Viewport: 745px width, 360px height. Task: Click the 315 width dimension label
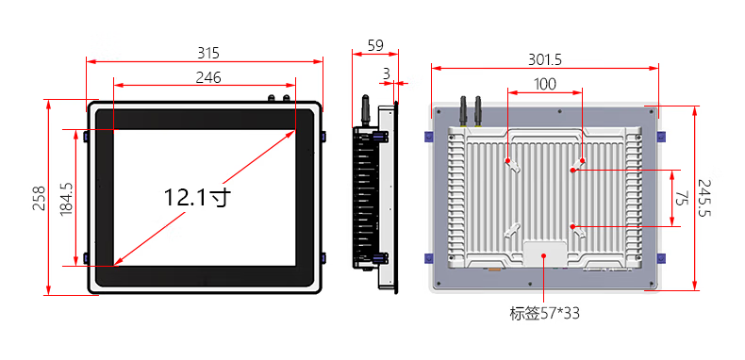click(x=208, y=53)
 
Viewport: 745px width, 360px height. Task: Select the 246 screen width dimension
click(x=208, y=77)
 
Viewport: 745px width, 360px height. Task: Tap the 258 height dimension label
click(x=39, y=198)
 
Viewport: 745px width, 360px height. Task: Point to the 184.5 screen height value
click(x=66, y=197)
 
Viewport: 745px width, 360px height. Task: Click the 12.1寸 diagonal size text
click(x=198, y=197)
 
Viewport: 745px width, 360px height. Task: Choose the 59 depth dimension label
click(x=375, y=45)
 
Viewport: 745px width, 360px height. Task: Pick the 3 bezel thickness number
click(x=387, y=74)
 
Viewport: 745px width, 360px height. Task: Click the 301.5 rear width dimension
click(x=545, y=59)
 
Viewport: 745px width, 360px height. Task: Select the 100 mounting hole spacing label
click(x=545, y=84)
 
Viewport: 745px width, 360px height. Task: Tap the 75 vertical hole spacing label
click(x=682, y=198)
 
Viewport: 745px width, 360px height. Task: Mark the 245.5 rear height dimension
click(x=704, y=198)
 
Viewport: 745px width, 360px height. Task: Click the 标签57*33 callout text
click(x=544, y=314)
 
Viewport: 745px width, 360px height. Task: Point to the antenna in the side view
click(x=366, y=110)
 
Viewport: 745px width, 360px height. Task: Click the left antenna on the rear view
click(x=463, y=111)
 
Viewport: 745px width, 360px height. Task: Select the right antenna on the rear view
click(x=478, y=111)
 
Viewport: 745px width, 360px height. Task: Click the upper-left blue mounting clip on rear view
click(x=429, y=137)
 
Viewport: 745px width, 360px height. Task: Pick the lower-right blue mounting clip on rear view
click(x=661, y=258)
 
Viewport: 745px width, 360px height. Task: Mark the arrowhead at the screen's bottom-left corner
click(x=118, y=261)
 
